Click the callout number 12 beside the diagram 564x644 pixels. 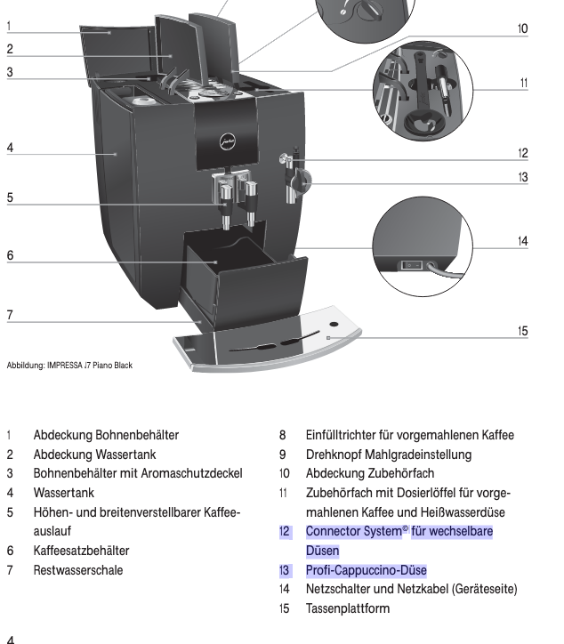522,152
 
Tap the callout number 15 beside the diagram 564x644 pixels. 522,331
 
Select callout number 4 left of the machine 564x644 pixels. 10,148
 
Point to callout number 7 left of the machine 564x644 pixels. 10,314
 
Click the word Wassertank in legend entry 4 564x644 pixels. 64,492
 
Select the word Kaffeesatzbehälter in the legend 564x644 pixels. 82,551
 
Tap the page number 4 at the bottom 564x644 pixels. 10,638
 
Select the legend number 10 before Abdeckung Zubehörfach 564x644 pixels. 285,473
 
